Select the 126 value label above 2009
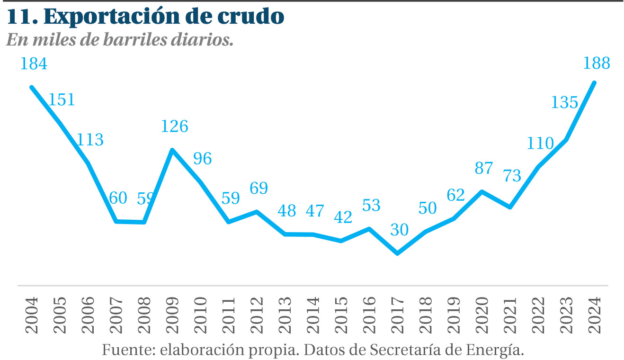point(175,126)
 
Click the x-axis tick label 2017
point(398,315)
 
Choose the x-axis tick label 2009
point(172,315)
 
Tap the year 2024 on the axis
point(595,315)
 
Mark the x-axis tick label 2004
point(32,315)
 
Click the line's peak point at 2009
point(172,150)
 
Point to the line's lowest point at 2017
point(398,253)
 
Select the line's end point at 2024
point(594,83)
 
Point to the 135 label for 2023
point(564,102)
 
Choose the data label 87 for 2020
point(484,168)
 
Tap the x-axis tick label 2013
point(285,315)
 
